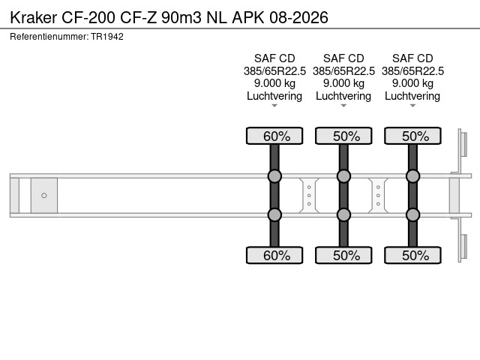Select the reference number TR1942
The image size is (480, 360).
click(x=107, y=36)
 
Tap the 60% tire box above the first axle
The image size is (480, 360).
click(x=274, y=136)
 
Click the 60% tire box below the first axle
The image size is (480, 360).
click(x=274, y=255)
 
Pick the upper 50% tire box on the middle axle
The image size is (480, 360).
click(x=343, y=136)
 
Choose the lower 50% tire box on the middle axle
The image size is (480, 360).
click(x=343, y=255)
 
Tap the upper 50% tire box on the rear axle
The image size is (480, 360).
click(x=412, y=136)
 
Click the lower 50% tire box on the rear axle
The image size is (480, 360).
click(x=412, y=255)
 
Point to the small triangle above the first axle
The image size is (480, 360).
click(x=274, y=106)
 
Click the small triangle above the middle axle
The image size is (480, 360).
click(x=343, y=106)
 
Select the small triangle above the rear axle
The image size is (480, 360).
click(x=412, y=106)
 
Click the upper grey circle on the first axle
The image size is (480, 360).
click(x=274, y=176)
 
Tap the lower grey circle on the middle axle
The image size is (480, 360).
click(x=343, y=214)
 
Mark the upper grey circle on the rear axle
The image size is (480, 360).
click(x=412, y=176)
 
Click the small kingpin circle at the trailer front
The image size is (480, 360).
click(x=44, y=196)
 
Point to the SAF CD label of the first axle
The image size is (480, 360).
click(x=274, y=58)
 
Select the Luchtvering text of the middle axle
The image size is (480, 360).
click(x=343, y=96)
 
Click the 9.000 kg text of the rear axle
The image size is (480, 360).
click(x=412, y=83)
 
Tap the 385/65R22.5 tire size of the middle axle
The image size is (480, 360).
click(x=343, y=71)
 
